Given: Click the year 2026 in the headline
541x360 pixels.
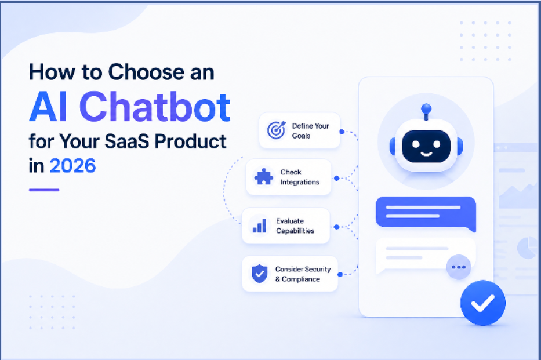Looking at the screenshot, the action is click(x=73, y=166).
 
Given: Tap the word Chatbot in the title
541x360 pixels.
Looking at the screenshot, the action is click(x=155, y=107).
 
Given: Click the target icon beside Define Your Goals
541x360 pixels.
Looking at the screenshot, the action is click(x=277, y=130).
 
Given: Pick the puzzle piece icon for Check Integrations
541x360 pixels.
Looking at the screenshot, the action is click(x=264, y=177).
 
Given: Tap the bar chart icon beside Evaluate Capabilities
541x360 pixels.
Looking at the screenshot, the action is click(x=260, y=226).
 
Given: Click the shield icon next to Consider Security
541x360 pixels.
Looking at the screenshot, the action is click(x=259, y=274).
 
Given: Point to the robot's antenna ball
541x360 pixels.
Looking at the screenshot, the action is click(x=426, y=108).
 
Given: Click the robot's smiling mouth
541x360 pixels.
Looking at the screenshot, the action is click(x=426, y=154).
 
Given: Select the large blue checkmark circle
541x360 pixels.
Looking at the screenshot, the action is click(x=482, y=303).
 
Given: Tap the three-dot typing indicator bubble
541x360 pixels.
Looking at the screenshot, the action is click(x=459, y=267).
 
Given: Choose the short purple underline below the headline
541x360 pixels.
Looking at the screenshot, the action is click(x=44, y=190).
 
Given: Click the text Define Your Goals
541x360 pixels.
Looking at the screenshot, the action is click(x=311, y=130).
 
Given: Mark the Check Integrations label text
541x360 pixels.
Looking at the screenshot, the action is click(x=299, y=177).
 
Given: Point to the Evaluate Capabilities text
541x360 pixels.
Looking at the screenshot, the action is click(x=295, y=226).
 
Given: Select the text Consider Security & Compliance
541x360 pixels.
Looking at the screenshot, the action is click(x=303, y=274).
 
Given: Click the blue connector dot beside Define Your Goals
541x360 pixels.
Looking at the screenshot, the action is click(x=342, y=132).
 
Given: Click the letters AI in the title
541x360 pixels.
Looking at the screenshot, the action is click(x=48, y=107).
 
